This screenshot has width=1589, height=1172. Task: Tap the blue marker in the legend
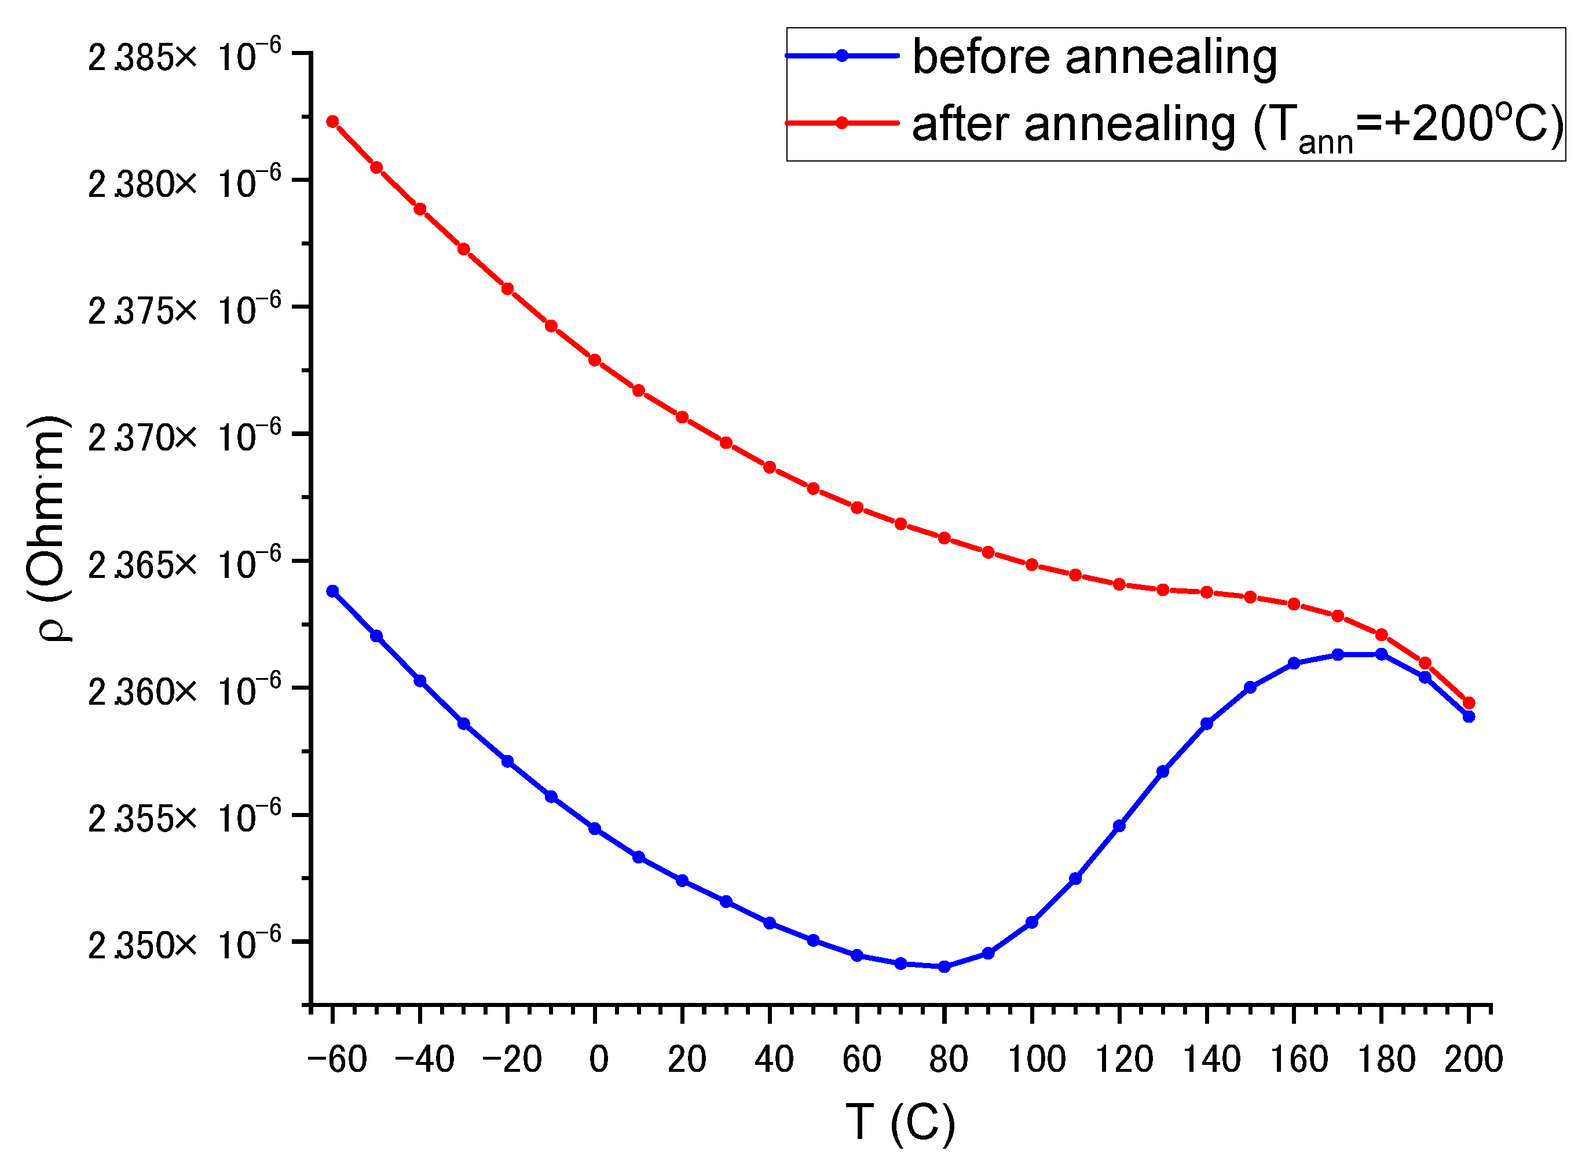click(x=842, y=56)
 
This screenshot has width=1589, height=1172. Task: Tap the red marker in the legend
click(x=842, y=123)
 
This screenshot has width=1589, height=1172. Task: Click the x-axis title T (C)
click(x=900, y=1122)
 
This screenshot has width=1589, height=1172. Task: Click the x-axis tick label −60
click(x=337, y=1060)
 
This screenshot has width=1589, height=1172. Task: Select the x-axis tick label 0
click(x=599, y=1060)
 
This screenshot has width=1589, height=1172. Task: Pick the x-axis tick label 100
click(x=1037, y=1060)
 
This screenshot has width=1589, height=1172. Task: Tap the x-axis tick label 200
click(x=1473, y=1060)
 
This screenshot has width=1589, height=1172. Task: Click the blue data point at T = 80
click(x=944, y=967)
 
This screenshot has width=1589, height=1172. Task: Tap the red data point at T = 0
click(x=595, y=360)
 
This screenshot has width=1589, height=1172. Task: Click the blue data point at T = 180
click(x=1381, y=654)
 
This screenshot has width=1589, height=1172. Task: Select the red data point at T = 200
click(x=1469, y=703)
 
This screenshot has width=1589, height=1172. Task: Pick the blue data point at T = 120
click(x=1119, y=826)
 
